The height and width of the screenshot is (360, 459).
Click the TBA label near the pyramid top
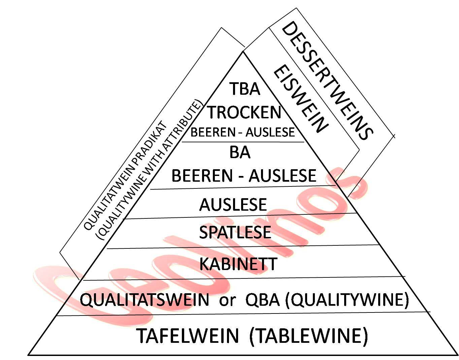[245, 89]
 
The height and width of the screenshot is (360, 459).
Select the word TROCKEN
[244, 112]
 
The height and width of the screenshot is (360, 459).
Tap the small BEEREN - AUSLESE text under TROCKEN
[242, 132]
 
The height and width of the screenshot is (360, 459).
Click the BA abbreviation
[240, 152]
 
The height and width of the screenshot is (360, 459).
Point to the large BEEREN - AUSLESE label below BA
[244, 176]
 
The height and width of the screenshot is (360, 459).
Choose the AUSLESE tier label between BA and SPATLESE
[233, 205]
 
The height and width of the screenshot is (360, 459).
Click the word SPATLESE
[235, 232]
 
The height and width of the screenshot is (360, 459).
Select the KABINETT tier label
[238, 264]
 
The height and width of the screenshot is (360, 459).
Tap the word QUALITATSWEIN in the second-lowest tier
[144, 300]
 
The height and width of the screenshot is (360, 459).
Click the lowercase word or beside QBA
[227, 300]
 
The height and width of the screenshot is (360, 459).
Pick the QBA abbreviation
[263, 300]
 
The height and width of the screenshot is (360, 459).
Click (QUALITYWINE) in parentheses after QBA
[347, 300]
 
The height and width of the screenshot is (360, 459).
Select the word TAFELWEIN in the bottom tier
[188, 336]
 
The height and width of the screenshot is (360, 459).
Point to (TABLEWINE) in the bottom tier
[309, 336]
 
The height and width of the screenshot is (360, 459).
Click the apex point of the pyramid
[243, 51]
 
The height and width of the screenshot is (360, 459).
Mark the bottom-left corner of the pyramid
[28, 355]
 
